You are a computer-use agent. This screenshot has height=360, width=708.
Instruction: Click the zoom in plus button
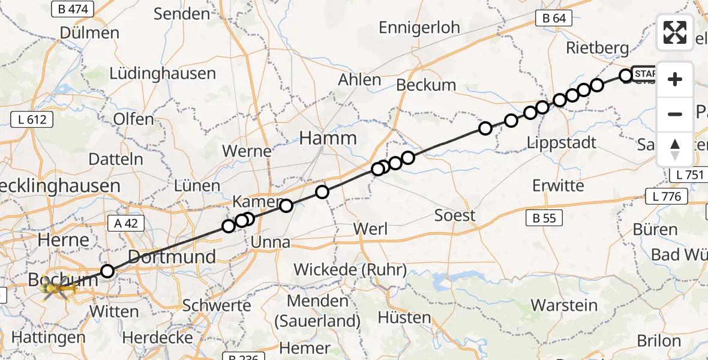(x=675, y=79)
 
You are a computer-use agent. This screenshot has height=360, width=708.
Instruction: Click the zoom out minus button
(x=675, y=114)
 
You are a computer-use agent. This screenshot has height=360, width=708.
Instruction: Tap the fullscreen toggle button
(x=675, y=32)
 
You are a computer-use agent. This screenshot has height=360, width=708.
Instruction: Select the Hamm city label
(x=328, y=139)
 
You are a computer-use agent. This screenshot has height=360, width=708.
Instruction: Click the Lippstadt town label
(x=562, y=142)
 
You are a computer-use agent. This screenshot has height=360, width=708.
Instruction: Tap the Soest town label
(x=455, y=215)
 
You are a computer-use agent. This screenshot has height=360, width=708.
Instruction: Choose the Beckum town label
(x=426, y=85)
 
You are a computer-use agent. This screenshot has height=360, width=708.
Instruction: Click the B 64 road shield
(x=554, y=18)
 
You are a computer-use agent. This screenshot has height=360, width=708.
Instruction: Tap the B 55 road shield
(x=544, y=218)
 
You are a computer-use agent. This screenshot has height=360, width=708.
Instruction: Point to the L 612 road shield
(x=32, y=119)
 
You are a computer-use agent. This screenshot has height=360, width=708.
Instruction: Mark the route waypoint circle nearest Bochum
(x=107, y=271)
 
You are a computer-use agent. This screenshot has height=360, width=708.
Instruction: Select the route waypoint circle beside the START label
(x=626, y=75)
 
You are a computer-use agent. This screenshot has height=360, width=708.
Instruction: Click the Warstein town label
(x=565, y=305)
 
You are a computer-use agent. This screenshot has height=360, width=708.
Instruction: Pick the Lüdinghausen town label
(x=162, y=74)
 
